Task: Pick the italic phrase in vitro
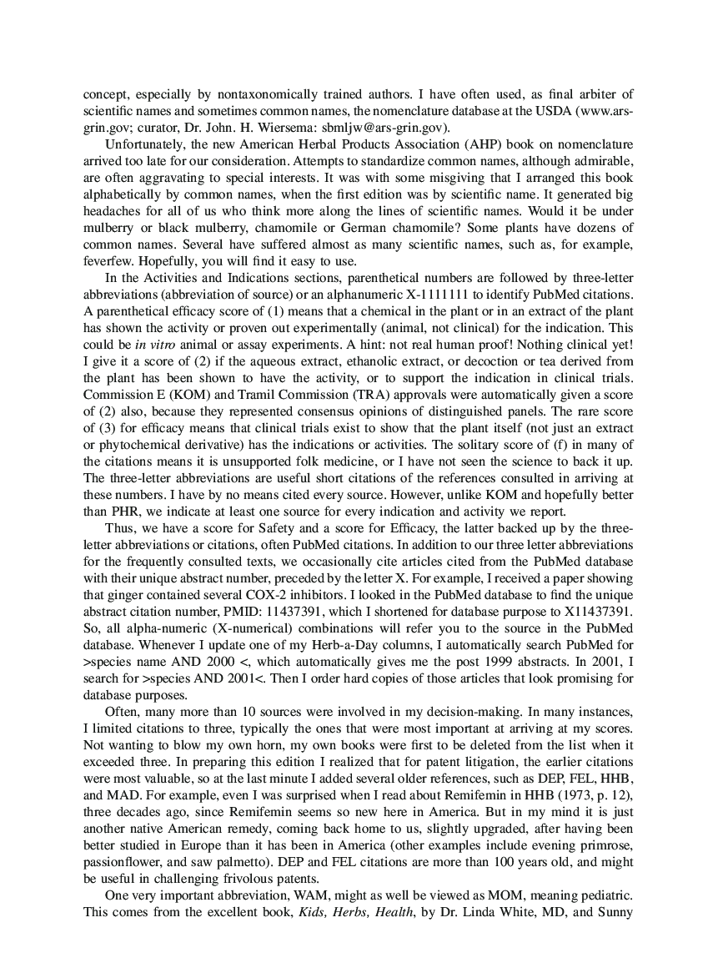click(x=148, y=345)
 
